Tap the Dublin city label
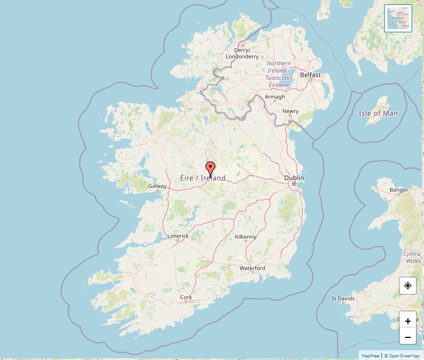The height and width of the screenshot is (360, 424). pyautogui.click(x=294, y=178)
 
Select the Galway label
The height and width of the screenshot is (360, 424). pyautogui.click(x=157, y=186)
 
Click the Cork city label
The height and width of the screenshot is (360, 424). pyautogui.click(x=186, y=297)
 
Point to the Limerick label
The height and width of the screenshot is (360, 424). pyautogui.click(x=178, y=236)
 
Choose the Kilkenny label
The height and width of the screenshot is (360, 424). pyautogui.click(x=246, y=237)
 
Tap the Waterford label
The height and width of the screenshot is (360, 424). pyautogui.click(x=252, y=268)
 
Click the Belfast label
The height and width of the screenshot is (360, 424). pyautogui.click(x=310, y=75)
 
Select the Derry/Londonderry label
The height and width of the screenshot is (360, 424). pyautogui.click(x=242, y=53)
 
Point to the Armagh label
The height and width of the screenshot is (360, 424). pyautogui.click(x=275, y=97)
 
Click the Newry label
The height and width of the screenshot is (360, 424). pyautogui.click(x=290, y=112)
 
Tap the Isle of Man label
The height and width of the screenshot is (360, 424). pyautogui.click(x=378, y=113)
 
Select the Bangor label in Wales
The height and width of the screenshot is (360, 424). pyautogui.click(x=399, y=190)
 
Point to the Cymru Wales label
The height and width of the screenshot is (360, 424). pyautogui.click(x=413, y=257)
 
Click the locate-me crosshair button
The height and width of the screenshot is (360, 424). pyautogui.click(x=408, y=286)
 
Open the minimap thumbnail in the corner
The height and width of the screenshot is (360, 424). pyautogui.click(x=398, y=18)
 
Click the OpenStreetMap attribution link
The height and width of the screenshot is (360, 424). pyautogui.click(x=402, y=356)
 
